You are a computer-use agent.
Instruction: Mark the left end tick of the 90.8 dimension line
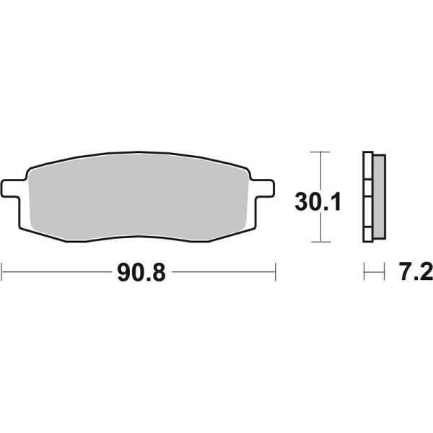pos(3,273)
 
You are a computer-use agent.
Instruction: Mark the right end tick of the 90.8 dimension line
pos(276,273)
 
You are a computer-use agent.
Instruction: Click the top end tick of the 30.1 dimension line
pos(319,152)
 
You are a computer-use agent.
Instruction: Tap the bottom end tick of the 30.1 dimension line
pos(319,242)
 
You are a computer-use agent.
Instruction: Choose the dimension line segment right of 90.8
pos(224,273)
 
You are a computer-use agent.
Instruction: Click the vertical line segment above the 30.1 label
pos(319,170)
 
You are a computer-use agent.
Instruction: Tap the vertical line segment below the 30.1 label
pos(319,228)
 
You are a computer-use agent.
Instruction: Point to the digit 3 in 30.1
pos(302,201)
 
